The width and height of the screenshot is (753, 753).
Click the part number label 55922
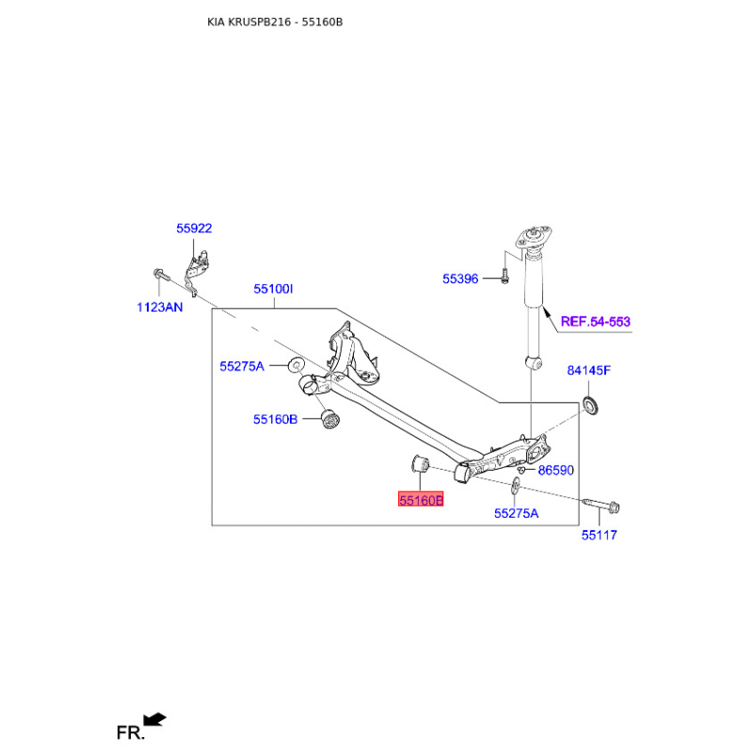point(194,228)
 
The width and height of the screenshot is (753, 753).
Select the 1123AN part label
point(160,307)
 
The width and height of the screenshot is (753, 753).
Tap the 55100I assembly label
point(273,290)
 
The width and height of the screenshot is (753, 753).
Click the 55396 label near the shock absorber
point(461,279)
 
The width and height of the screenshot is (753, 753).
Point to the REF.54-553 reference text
point(595,322)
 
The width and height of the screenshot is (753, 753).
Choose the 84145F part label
point(588,370)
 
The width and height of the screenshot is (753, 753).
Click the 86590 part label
point(555,470)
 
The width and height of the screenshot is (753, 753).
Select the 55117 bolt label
point(599,535)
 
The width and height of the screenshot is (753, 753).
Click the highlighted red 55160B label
point(420,501)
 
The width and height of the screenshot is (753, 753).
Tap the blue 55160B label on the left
point(275,420)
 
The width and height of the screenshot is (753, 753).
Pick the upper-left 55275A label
point(242,366)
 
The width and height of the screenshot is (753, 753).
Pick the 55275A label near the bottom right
point(517,513)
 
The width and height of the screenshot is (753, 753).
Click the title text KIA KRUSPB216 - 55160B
point(275,21)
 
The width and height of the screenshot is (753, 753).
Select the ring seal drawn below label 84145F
point(592,406)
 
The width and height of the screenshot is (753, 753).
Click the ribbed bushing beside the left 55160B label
point(328,419)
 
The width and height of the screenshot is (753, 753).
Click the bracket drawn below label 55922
point(197,267)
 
